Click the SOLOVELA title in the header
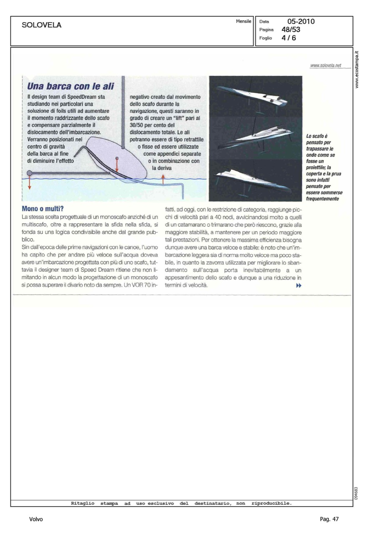pyautogui.click(x=41, y=25)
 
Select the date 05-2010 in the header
pyautogui.click(x=301, y=22)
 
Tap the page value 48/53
pyautogui.click(x=291, y=30)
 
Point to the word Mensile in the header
pyautogui.click(x=243, y=21)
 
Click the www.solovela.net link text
pyautogui.click(x=325, y=65)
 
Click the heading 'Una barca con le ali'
pyautogui.click(x=70, y=86)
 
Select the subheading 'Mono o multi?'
pyautogui.click(x=42, y=208)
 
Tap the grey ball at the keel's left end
pyautogui.click(x=29, y=172)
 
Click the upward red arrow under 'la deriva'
pyautogui.click(x=163, y=179)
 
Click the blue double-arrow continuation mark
pyautogui.click(x=298, y=286)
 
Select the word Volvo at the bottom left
pyautogui.click(x=36, y=519)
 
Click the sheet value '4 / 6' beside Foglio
pyautogui.click(x=289, y=38)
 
